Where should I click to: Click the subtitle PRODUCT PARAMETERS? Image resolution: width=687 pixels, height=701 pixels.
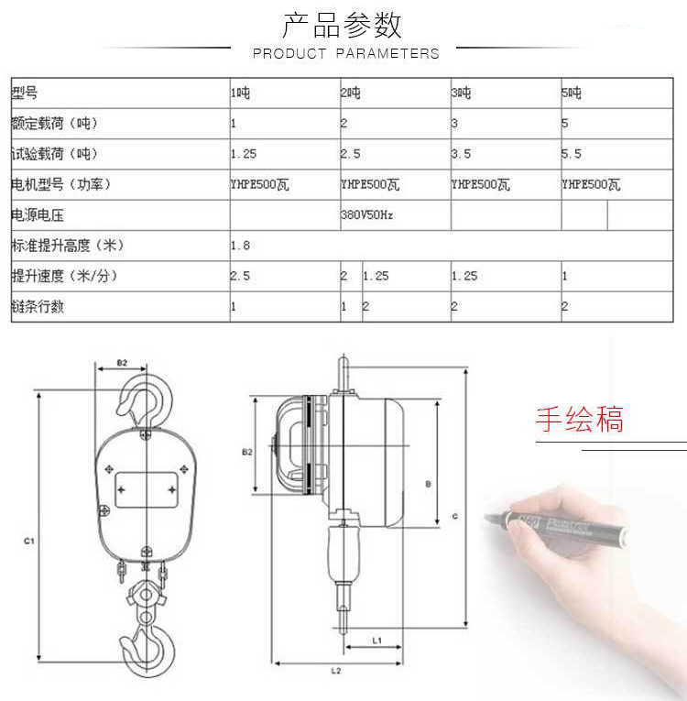click(x=345, y=54)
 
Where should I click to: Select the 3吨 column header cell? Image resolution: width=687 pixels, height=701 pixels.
click(x=462, y=93)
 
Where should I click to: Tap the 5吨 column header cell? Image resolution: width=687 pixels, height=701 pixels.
click(x=572, y=93)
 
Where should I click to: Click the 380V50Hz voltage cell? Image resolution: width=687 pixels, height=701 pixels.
click(x=367, y=216)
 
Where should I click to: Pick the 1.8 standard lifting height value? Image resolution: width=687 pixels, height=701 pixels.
click(x=240, y=246)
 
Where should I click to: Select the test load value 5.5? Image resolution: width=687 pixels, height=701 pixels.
click(x=572, y=154)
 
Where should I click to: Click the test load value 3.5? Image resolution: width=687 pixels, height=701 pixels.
click(x=462, y=154)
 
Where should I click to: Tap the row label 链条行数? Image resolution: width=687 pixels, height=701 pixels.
click(x=38, y=307)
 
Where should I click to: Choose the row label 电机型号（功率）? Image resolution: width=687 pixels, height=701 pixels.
click(x=61, y=185)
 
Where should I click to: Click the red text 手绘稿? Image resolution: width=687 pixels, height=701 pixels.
click(x=579, y=419)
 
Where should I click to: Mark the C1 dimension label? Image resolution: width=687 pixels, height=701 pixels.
click(x=28, y=542)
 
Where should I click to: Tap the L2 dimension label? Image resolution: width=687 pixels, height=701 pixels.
click(x=335, y=671)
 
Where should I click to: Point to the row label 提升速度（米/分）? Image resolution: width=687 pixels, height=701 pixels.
click(x=65, y=277)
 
